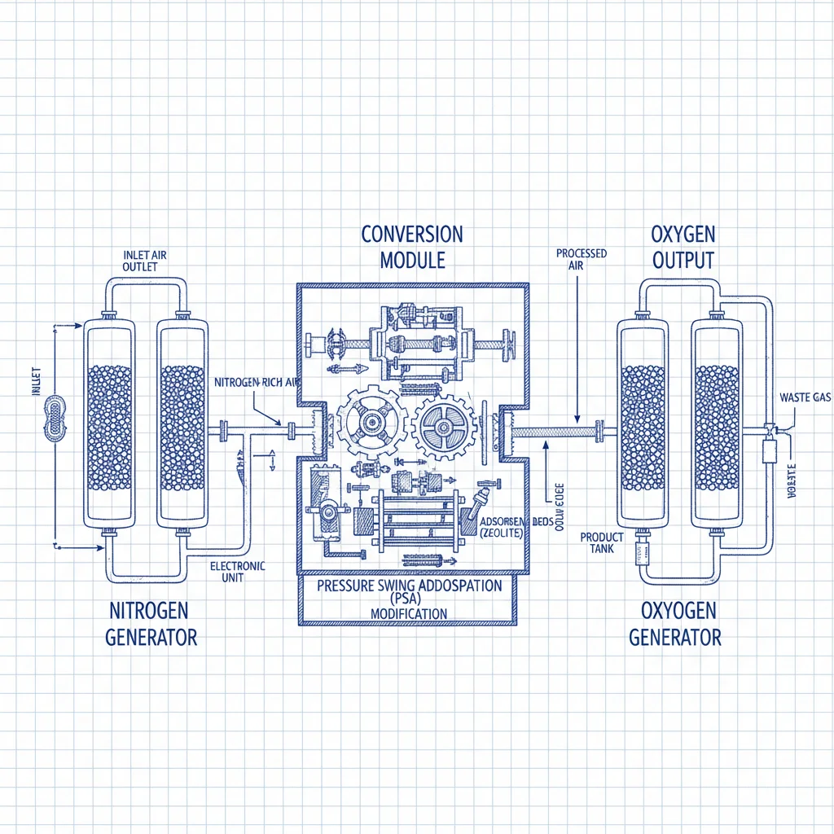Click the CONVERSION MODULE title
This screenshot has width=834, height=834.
pyautogui.click(x=412, y=248)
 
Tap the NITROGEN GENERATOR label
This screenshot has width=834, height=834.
pyautogui.click(x=151, y=623)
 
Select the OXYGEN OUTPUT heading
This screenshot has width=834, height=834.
pyautogui.click(x=683, y=248)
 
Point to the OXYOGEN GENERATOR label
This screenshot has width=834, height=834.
pyautogui.click(x=675, y=623)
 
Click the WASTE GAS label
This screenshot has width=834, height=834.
pyautogui.click(x=805, y=397)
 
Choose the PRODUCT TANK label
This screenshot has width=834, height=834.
pyautogui.click(x=602, y=542)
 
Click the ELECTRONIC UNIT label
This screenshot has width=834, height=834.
pyautogui.click(x=238, y=572)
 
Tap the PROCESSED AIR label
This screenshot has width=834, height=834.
pyautogui.click(x=582, y=259)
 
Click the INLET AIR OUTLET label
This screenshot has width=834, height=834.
pyautogui.click(x=144, y=261)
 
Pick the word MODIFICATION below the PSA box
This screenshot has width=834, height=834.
pyautogui.click(x=408, y=613)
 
